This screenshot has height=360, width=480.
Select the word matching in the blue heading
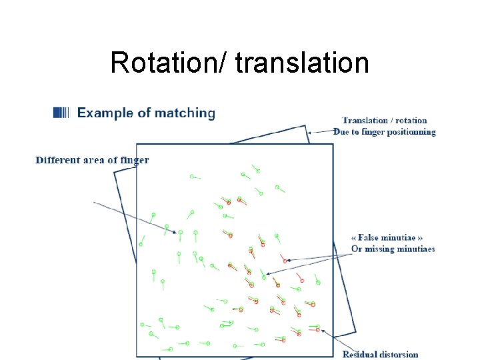(x=185, y=113)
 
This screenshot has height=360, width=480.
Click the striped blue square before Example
(x=61, y=113)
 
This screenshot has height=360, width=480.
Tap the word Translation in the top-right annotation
(x=365, y=121)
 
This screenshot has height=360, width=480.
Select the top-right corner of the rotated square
(x=308, y=129)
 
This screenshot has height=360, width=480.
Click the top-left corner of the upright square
(x=137, y=144)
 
